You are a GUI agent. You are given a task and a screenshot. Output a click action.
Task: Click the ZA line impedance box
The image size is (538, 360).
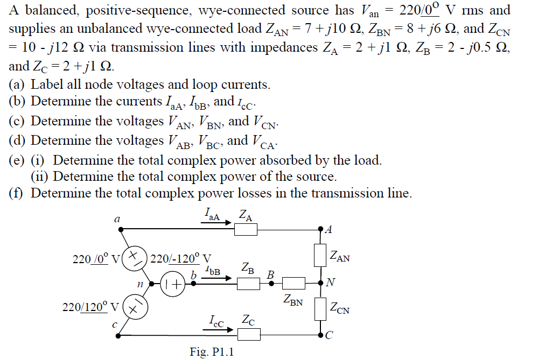[x=246, y=229]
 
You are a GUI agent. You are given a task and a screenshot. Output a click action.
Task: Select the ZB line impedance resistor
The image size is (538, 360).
[x=249, y=283]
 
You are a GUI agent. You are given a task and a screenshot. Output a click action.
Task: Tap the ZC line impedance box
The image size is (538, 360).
[x=249, y=335]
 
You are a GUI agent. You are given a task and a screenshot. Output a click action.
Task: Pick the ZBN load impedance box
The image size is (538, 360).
[x=294, y=283]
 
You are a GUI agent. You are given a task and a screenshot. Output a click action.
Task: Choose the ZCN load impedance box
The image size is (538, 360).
[x=321, y=308]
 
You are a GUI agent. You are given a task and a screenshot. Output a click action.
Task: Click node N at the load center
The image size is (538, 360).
[x=321, y=283]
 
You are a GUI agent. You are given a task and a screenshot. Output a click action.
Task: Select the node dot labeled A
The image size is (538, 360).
[x=321, y=229]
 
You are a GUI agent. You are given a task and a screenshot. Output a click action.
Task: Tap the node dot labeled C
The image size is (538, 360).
[x=321, y=335]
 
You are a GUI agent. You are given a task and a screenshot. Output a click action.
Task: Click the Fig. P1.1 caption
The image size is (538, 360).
[x=212, y=351]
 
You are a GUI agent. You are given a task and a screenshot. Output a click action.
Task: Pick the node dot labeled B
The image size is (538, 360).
[x=271, y=283]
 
